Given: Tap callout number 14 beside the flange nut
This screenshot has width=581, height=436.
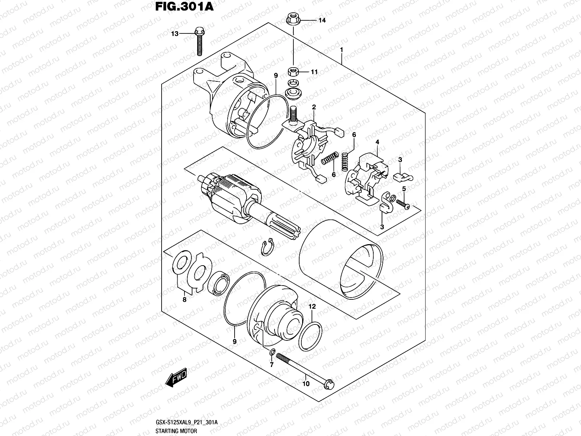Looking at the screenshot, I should click(x=322, y=20).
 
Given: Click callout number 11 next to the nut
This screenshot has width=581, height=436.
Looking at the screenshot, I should click(x=314, y=72).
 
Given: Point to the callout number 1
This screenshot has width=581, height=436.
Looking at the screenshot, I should click(x=341, y=49).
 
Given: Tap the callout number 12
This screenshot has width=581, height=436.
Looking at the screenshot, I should click(x=312, y=307).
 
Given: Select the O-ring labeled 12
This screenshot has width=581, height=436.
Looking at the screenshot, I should click(x=311, y=336).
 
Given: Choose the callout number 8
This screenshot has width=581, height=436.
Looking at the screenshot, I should click(x=184, y=300).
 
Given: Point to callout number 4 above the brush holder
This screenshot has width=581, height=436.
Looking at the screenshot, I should click(x=377, y=142).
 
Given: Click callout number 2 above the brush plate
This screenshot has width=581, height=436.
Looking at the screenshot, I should click(x=314, y=107).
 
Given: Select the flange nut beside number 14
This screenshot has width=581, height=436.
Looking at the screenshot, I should click(x=292, y=18).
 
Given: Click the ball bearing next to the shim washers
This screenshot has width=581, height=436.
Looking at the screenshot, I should click(x=220, y=282).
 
